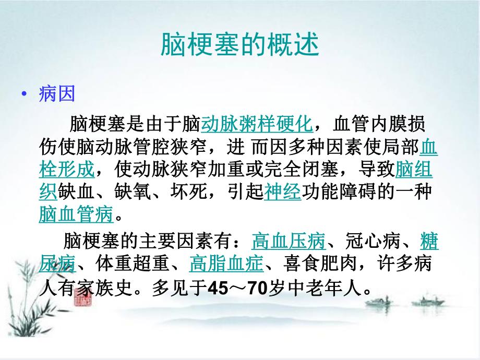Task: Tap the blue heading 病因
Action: point(57,94)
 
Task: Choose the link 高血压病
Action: point(288,242)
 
